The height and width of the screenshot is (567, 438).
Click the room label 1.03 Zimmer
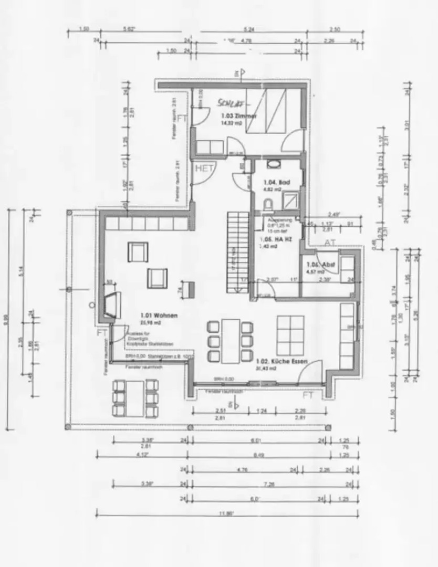coord(238,115)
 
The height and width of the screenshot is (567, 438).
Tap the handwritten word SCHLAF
coord(230,103)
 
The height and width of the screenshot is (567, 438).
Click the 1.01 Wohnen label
coord(159,315)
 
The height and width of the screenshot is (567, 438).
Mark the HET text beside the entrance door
coord(205,169)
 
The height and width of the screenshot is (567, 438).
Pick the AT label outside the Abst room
coord(330,243)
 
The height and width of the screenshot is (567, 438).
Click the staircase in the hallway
coord(238,252)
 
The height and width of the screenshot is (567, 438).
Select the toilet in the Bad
coord(268,203)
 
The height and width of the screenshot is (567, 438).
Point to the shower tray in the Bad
coord(290,200)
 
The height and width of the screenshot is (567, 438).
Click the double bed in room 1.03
coord(266,111)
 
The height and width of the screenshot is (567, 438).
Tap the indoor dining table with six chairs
coord(230,341)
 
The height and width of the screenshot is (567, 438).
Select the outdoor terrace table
coord(135,398)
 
